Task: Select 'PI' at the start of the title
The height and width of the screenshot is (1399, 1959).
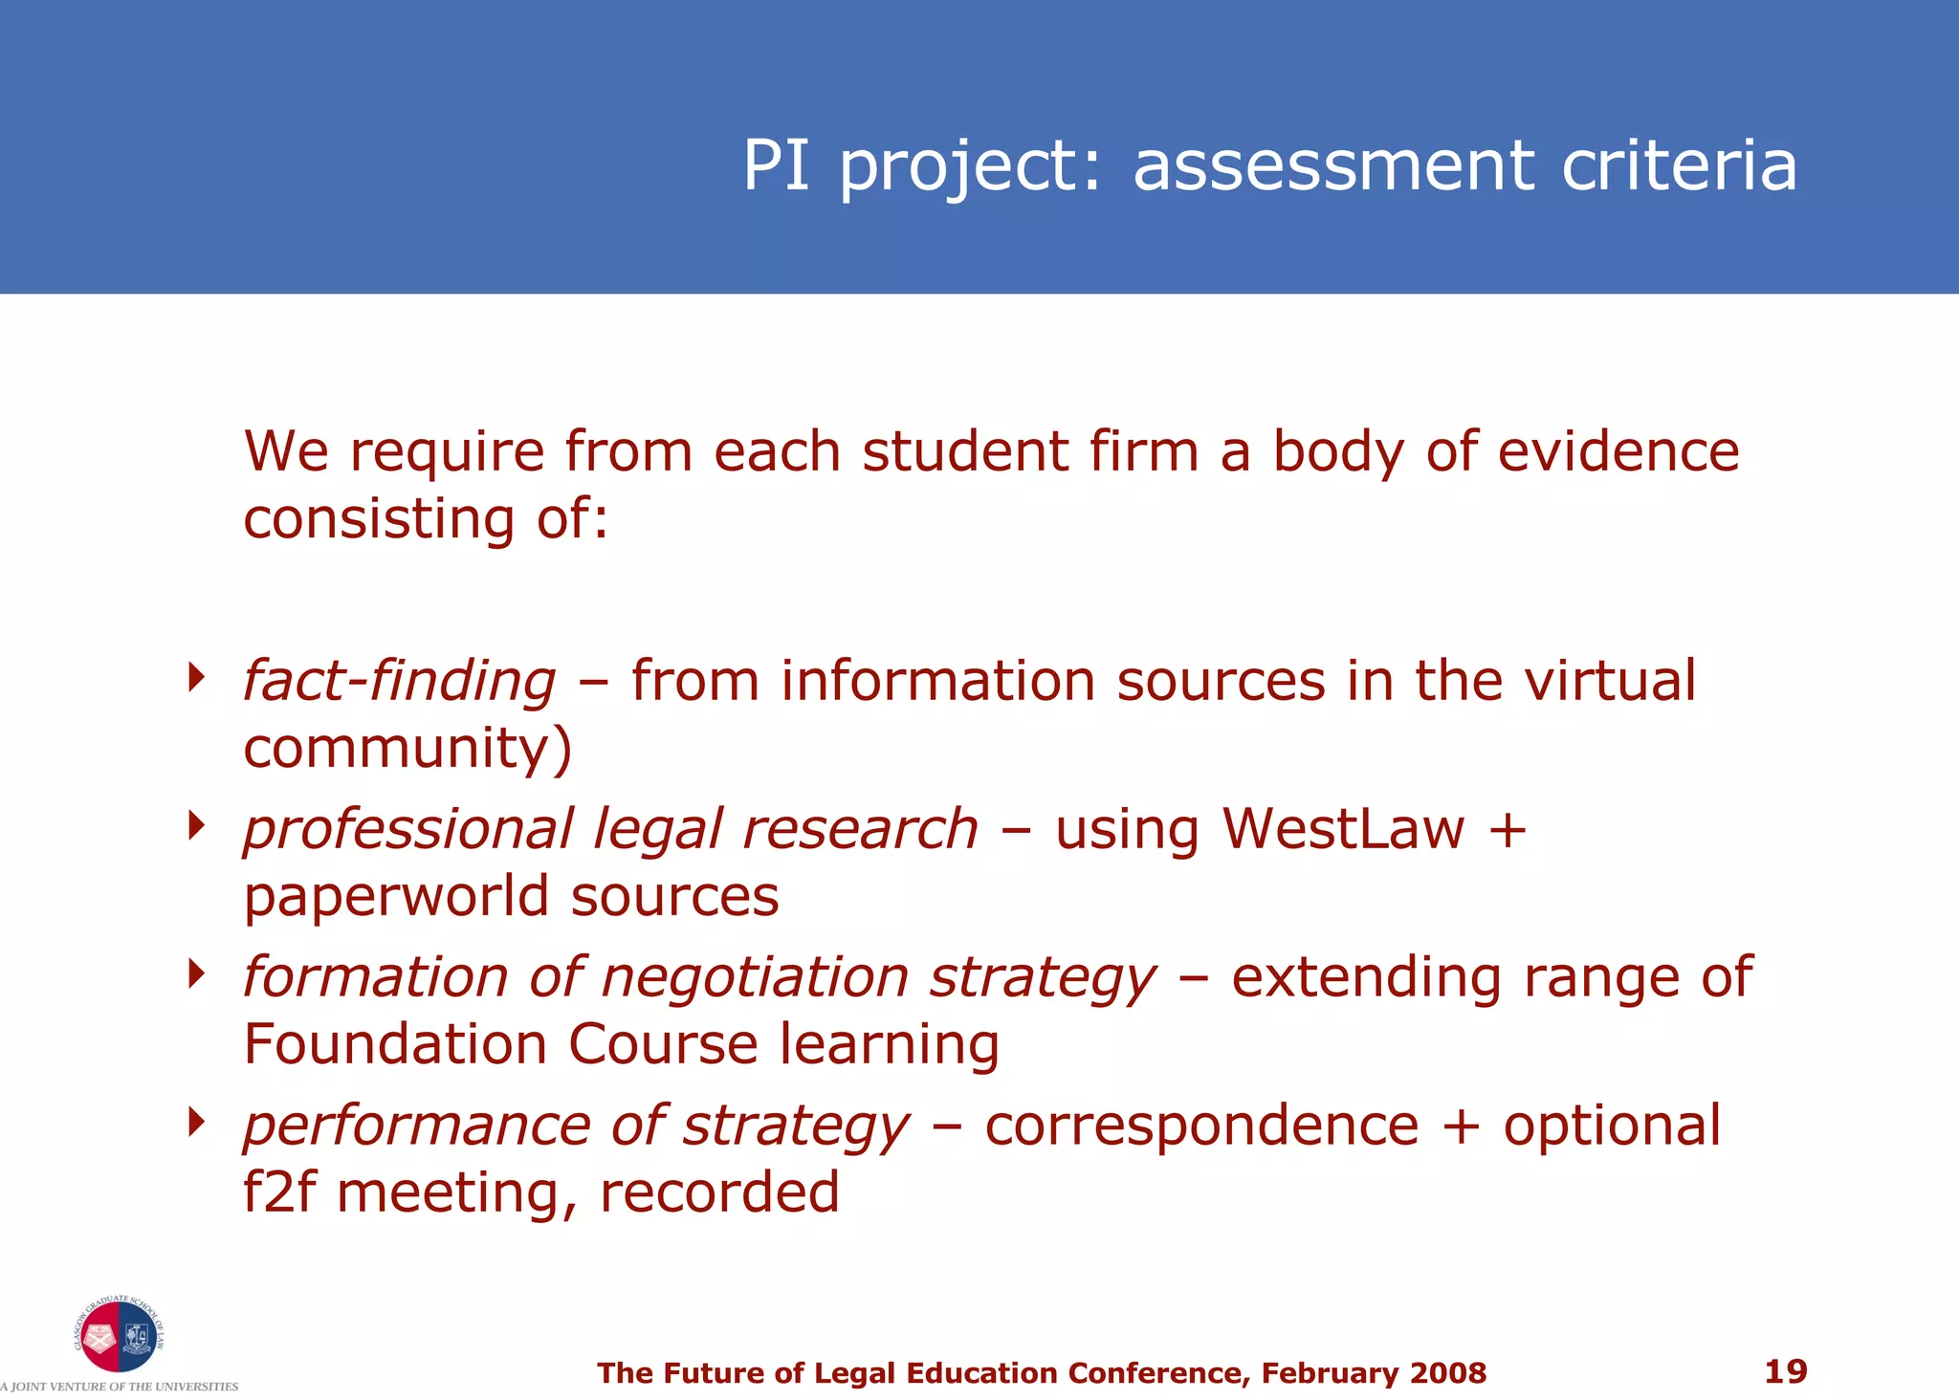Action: [776, 165]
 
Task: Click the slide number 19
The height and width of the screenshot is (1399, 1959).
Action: [1785, 1371]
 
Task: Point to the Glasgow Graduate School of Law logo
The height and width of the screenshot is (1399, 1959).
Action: [119, 1336]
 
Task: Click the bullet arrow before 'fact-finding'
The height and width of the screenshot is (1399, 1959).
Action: [197, 677]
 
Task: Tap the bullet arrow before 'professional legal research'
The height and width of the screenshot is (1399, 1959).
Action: [197, 825]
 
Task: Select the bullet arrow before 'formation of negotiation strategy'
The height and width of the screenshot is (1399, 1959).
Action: [197, 973]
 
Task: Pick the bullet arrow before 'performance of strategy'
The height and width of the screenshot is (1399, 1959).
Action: [197, 1122]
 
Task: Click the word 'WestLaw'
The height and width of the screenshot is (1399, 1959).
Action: [1343, 828]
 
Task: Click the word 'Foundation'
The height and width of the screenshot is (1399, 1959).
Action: [395, 1043]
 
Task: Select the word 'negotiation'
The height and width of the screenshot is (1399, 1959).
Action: [755, 977]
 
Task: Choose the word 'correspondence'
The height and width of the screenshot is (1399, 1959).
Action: [1201, 1126]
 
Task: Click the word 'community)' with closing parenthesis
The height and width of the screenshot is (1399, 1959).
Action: [407, 749]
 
